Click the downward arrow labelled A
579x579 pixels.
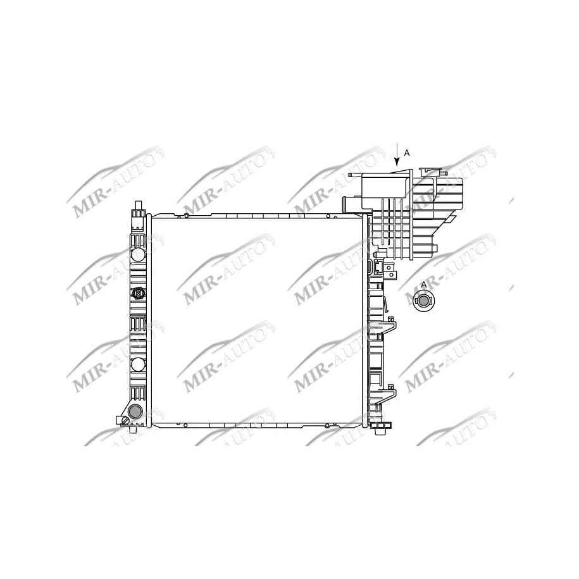click(397, 155)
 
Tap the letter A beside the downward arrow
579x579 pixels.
click(407, 153)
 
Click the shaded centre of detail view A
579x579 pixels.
click(422, 301)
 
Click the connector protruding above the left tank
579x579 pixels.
click(139, 211)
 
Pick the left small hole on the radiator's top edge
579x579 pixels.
click(187, 216)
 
